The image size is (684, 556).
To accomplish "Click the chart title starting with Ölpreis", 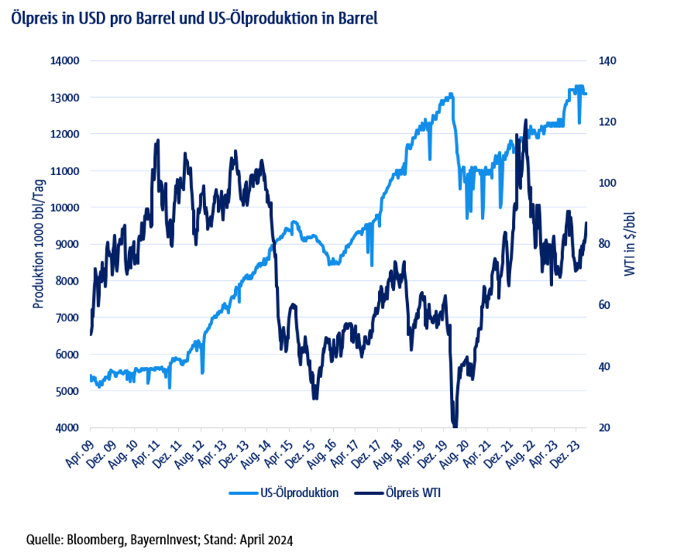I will coord(194,18).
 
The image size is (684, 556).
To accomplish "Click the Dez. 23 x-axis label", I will coord(574,450).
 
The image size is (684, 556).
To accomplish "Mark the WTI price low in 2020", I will coord(455,424).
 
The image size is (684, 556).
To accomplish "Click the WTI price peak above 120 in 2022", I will coord(526,120).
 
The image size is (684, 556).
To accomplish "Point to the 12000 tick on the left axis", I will coord(67,134).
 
